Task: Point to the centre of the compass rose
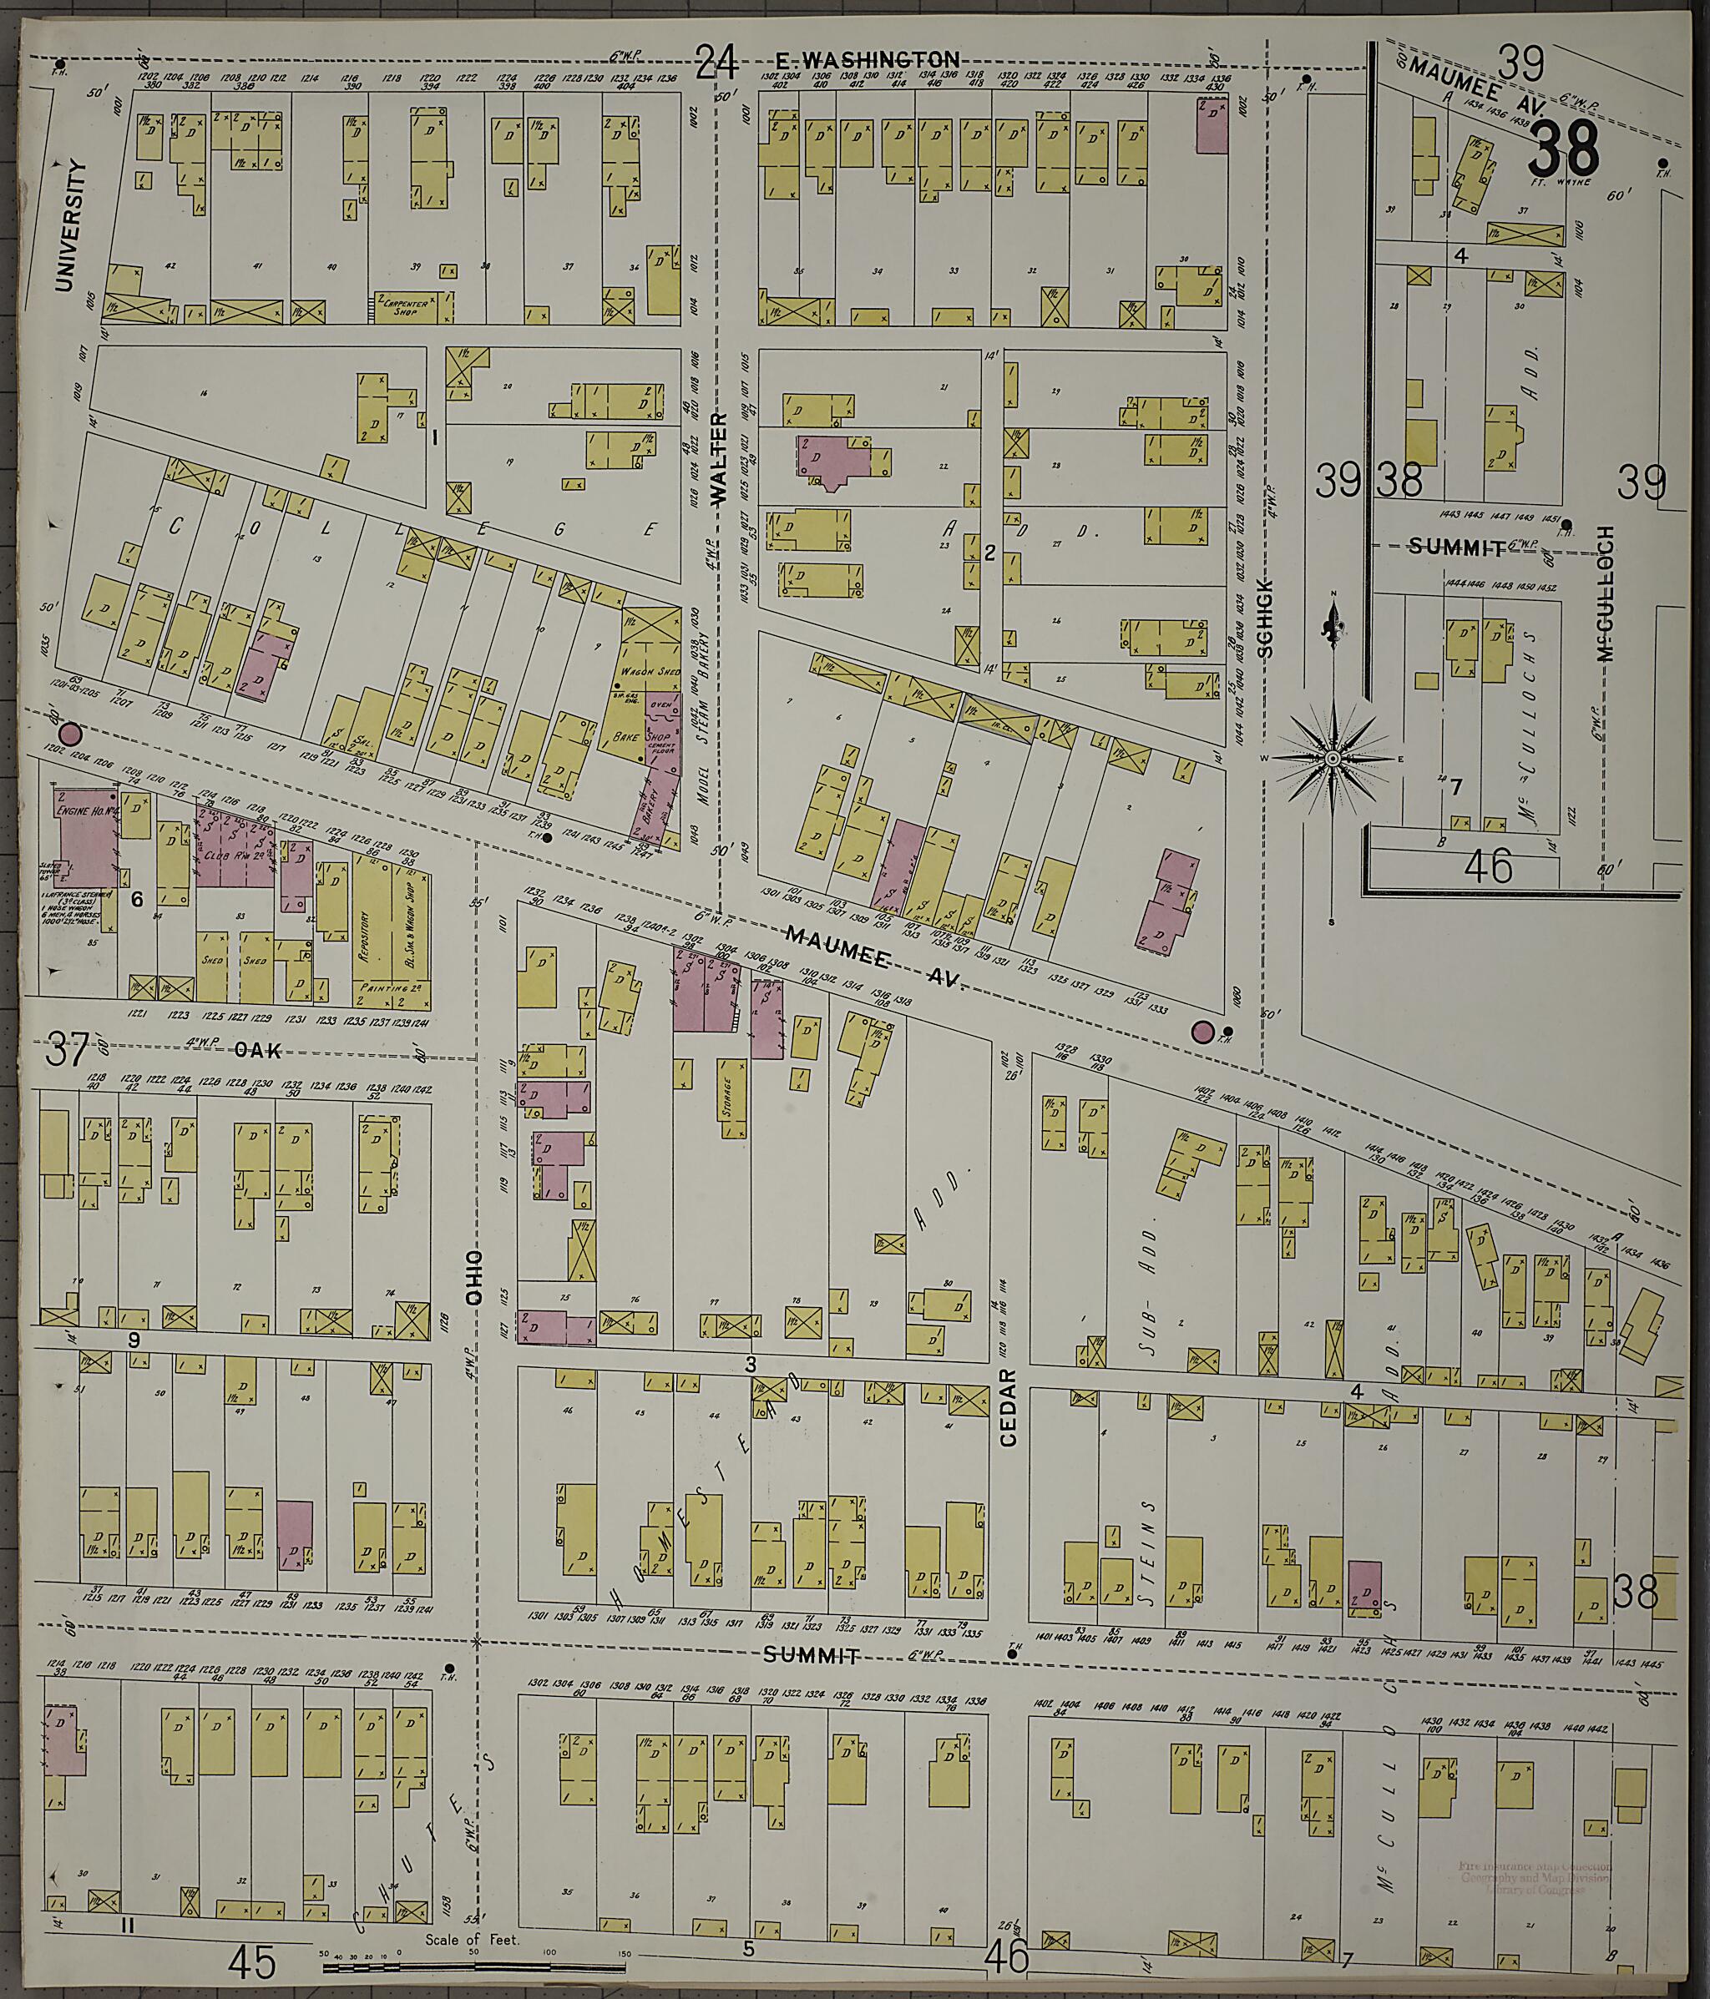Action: [1332, 760]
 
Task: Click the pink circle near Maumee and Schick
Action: [1202, 1032]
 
